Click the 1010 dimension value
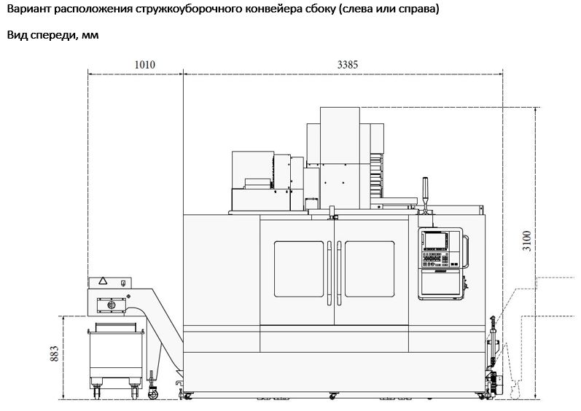(x=144, y=65)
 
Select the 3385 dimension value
(x=348, y=65)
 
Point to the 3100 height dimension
(x=527, y=240)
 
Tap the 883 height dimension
(x=55, y=353)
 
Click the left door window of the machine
(x=299, y=269)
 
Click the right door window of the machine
(x=370, y=269)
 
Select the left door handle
(x=330, y=273)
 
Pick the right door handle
(x=339, y=273)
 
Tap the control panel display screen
(x=435, y=240)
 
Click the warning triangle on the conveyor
(x=103, y=281)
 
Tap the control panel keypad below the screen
(x=435, y=259)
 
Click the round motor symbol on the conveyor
(x=111, y=305)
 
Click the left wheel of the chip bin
(x=97, y=392)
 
